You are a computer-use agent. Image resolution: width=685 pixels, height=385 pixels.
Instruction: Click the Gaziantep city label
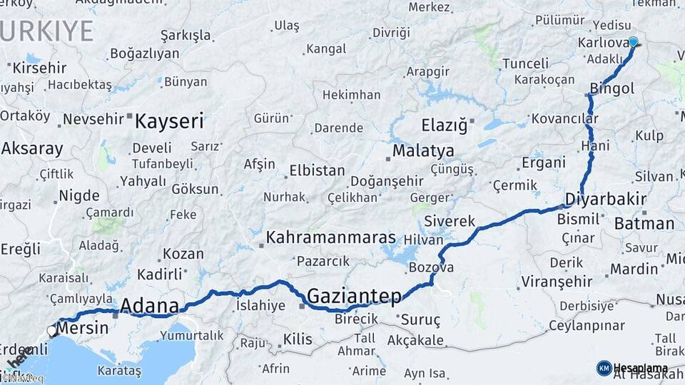(x=354, y=295)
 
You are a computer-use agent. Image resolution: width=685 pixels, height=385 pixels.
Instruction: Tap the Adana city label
(x=149, y=306)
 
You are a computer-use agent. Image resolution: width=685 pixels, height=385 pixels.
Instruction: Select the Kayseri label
(x=169, y=120)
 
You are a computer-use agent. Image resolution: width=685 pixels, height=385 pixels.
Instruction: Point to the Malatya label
(x=423, y=151)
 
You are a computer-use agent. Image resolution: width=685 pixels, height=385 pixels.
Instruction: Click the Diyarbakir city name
(x=606, y=199)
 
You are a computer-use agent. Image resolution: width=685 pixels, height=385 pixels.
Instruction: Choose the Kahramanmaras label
(x=331, y=237)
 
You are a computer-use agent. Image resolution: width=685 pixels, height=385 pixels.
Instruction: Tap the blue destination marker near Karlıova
(x=633, y=42)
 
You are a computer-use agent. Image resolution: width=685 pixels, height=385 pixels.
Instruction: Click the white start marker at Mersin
(x=53, y=331)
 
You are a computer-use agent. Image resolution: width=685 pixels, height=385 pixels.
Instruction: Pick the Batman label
(x=644, y=223)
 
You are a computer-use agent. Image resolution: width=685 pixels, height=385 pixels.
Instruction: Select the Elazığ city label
(x=444, y=125)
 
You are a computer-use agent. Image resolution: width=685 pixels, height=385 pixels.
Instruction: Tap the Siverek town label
(x=450, y=221)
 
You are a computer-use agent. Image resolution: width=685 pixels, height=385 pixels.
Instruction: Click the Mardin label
(x=634, y=269)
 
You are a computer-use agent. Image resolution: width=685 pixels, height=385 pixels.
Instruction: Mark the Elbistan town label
(x=317, y=171)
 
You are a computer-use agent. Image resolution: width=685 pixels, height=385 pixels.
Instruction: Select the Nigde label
(x=78, y=195)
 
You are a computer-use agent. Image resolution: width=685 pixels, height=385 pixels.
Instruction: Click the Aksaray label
(x=32, y=149)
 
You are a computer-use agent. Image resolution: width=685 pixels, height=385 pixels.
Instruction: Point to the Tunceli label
(x=525, y=63)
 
